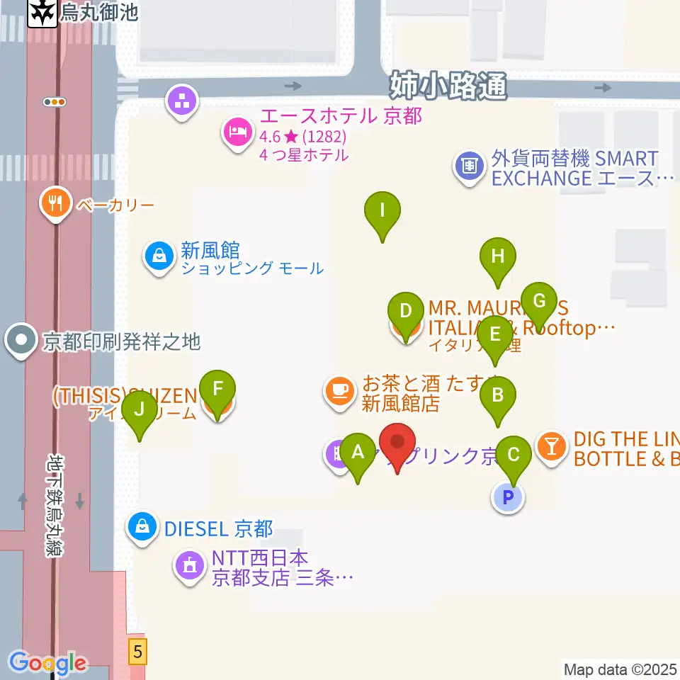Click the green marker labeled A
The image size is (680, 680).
[358, 453]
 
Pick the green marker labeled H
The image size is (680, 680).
[497, 257]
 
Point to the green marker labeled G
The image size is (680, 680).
[539, 302]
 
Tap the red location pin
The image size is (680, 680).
[397, 443]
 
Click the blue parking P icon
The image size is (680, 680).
[507, 498]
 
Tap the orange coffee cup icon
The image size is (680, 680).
[339, 390]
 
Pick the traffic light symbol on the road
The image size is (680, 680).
[55, 102]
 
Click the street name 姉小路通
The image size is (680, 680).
[448, 86]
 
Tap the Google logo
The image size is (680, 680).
[47, 663]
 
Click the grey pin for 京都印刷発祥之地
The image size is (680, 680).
[21, 341]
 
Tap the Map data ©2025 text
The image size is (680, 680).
[620, 669]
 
